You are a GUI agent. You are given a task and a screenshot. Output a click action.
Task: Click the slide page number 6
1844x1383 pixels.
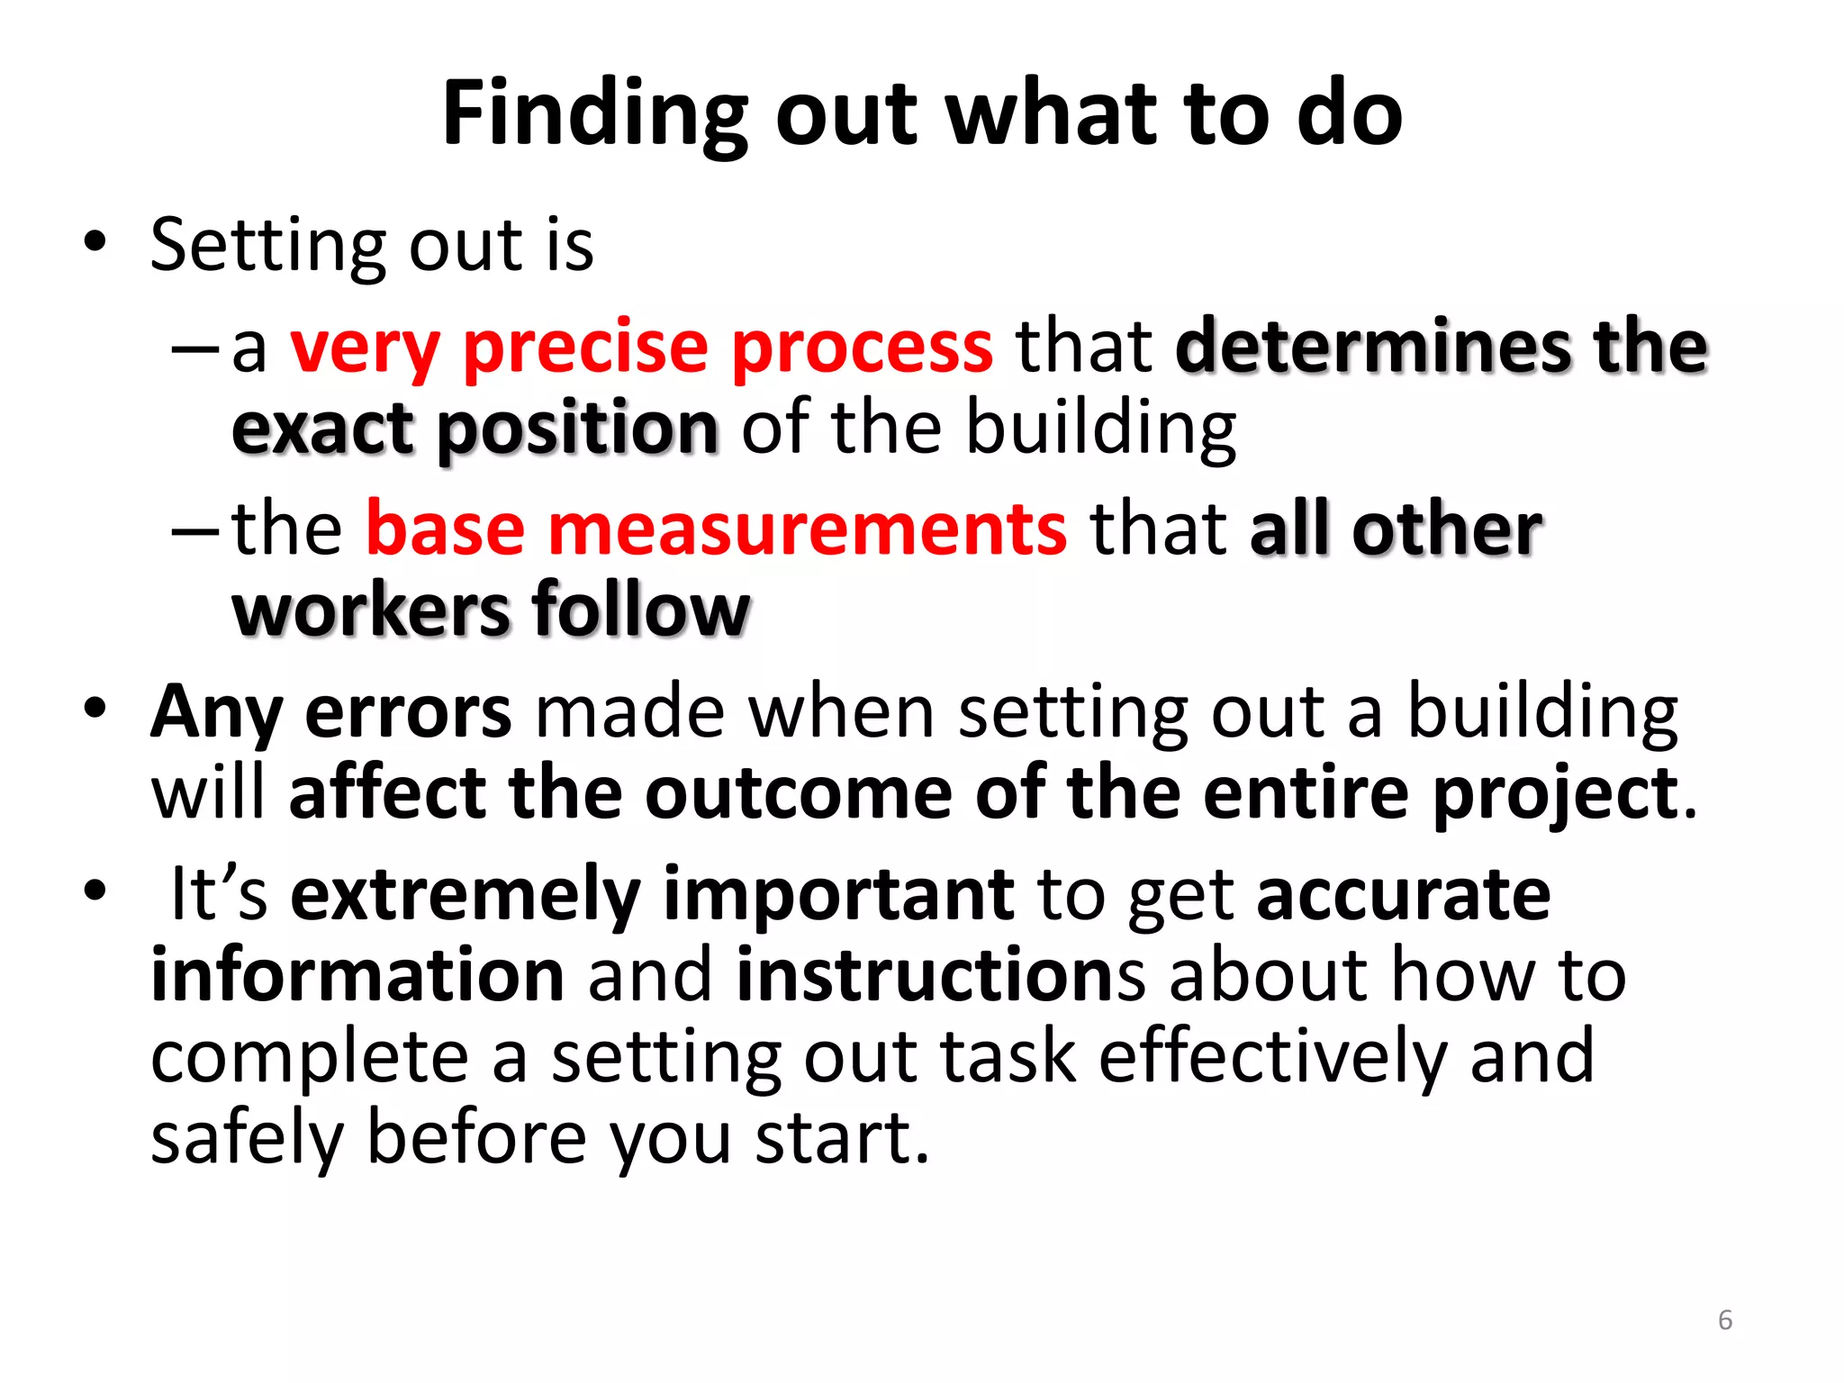(1724, 1320)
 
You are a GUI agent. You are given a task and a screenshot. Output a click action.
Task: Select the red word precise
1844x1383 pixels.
(585, 348)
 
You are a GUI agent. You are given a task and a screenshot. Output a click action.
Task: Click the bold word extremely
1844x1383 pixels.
(466, 895)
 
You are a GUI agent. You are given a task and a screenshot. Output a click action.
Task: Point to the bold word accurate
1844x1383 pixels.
(1403, 895)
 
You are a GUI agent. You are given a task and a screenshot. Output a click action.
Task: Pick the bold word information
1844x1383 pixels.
(357, 975)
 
